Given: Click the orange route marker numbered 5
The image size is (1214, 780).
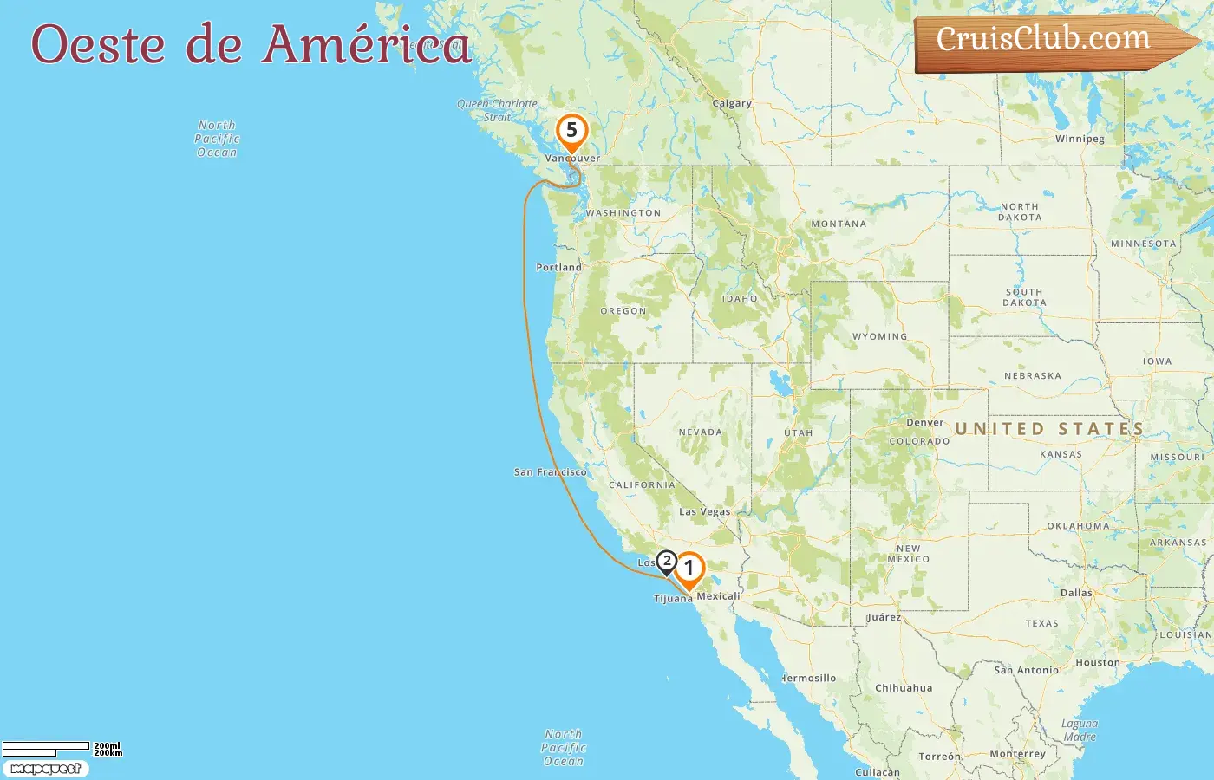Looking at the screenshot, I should click(571, 131).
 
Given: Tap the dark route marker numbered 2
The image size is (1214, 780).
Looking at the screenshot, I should click(666, 562).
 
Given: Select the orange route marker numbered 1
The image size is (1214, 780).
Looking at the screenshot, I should click(689, 569).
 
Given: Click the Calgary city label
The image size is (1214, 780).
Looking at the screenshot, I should click(732, 103).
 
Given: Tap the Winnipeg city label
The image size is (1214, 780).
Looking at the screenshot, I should click(1080, 139).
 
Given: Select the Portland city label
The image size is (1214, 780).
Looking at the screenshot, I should click(558, 267).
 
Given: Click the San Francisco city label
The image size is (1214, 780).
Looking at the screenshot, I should click(550, 472).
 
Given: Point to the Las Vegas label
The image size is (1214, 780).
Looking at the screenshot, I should click(704, 511).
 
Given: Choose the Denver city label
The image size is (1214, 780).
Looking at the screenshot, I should click(924, 423).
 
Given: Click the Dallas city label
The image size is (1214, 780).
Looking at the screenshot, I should click(1076, 593).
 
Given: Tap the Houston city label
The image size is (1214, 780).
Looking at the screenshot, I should click(1097, 663).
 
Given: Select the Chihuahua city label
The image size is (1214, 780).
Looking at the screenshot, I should click(904, 688).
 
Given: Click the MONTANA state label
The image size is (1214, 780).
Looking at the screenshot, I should click(839, 224).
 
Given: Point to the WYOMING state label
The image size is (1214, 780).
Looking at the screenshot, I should click(879, 336).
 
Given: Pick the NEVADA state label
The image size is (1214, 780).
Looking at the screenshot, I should click(700, 432).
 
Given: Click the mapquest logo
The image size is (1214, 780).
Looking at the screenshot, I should click(45, 769).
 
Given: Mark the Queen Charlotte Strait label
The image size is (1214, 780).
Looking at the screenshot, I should click(497, 109).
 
